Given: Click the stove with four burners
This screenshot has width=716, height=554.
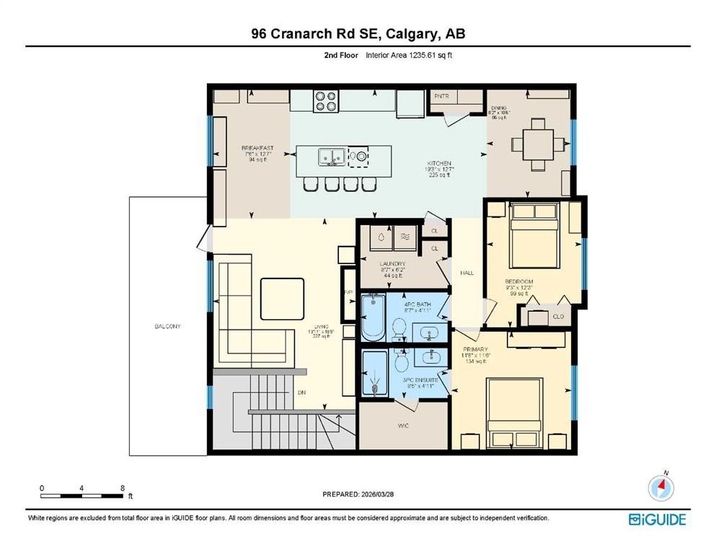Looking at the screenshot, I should [325, 100].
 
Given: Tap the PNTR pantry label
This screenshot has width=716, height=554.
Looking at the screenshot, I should [441, 95].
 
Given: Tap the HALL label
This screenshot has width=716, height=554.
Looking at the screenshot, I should [467, 273].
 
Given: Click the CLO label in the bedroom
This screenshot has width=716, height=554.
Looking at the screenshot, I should [557, 317].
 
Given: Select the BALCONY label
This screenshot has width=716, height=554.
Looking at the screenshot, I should [167, 327].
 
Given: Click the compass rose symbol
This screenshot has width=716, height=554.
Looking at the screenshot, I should [660, 488].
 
